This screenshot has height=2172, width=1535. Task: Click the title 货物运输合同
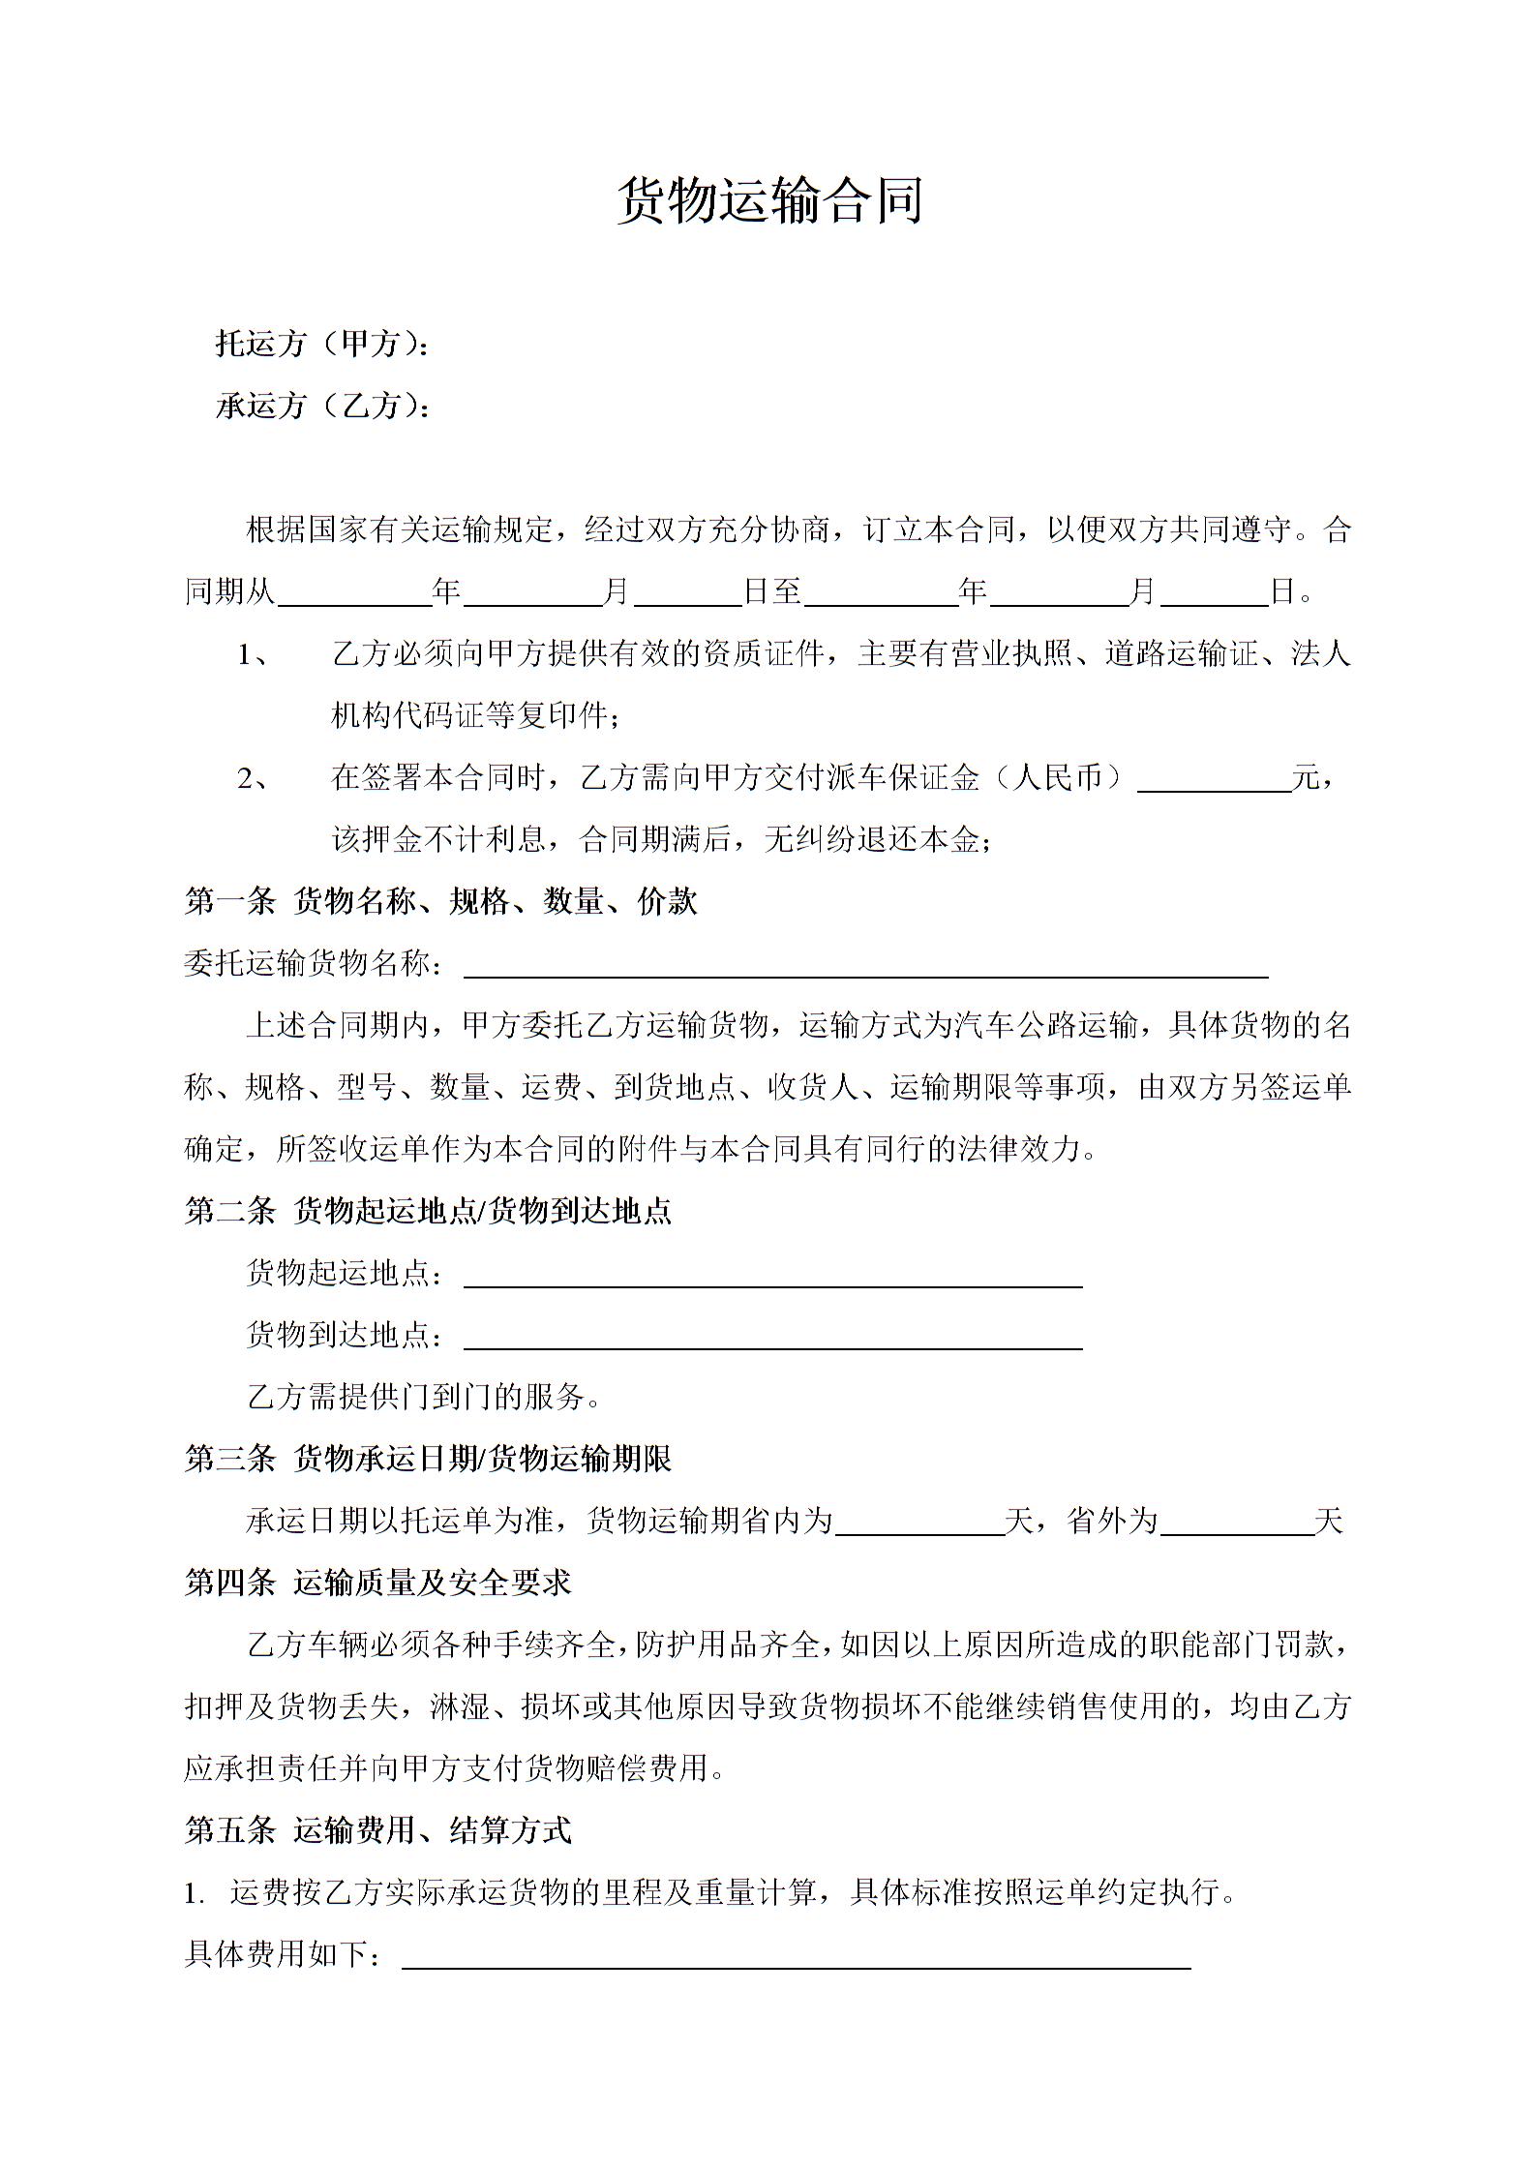coord(769,201)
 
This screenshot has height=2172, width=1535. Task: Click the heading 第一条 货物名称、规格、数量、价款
coord(440,901)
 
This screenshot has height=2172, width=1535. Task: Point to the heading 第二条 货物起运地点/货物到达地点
coord(428,1211)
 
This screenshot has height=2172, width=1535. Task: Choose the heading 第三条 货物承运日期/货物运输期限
coord(428,1459)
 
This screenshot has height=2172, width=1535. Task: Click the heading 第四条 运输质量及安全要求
coord(377,1583)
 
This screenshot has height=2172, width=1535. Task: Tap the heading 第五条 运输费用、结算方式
coord(377,1830)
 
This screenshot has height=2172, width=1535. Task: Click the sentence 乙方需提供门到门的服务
coord(424,1397)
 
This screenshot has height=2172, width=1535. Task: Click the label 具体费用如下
coord(283,1954)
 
